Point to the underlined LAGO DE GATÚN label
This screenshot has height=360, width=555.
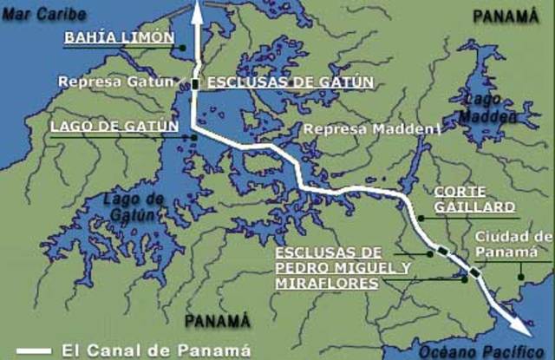coord(114,127)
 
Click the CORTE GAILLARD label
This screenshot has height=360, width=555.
coord(474,199)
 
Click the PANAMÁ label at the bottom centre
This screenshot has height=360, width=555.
coord(211,317)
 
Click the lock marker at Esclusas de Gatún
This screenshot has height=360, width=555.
coord(196,84)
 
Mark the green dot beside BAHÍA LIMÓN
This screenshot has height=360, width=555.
coord(185,45)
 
